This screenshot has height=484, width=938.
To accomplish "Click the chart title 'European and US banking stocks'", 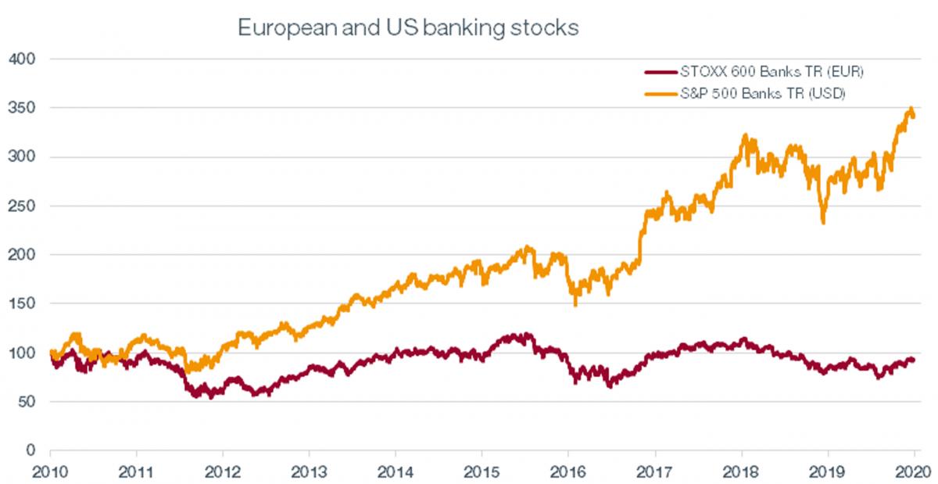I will click(407, 29).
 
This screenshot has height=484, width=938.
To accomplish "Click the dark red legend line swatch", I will click(668, 72).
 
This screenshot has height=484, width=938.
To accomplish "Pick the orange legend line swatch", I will click(668, 94).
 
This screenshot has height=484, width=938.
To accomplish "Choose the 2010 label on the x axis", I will click(51, 472).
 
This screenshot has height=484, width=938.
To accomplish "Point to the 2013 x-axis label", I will click(310, 472).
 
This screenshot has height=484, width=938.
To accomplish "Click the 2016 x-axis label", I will click(568, 472).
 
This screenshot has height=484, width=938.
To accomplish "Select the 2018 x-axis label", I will click(741, 472).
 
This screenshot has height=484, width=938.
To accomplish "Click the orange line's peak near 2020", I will click(911, 109).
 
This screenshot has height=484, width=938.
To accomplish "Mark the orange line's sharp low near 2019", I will click(823, 223).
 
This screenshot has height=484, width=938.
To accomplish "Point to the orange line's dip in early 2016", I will click(576, 303).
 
